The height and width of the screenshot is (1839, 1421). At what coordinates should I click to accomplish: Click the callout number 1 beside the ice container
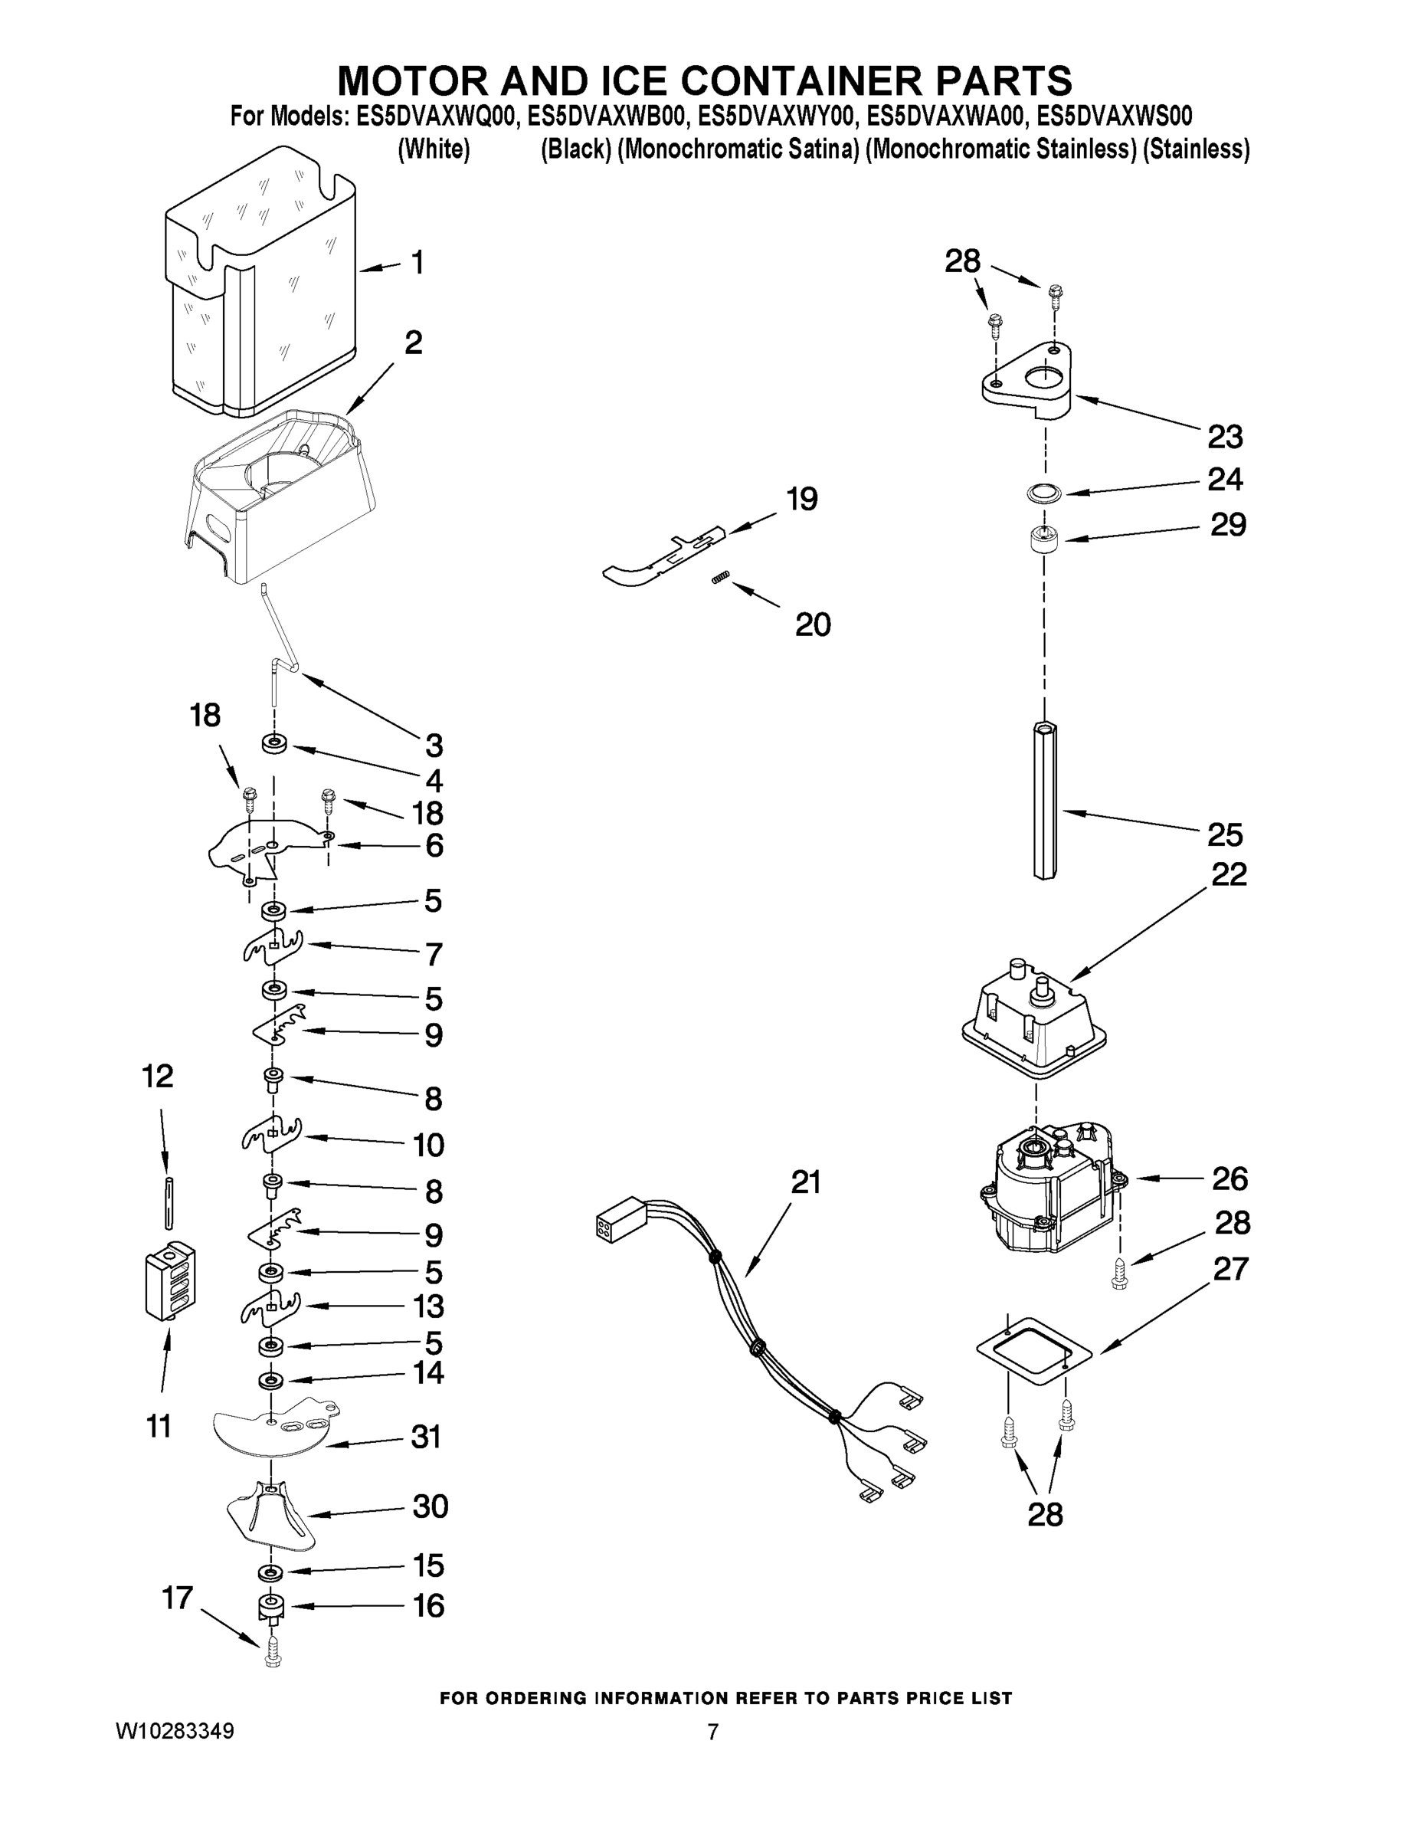click(417, 263)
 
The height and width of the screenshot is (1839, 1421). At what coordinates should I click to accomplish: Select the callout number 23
click(1225, 437)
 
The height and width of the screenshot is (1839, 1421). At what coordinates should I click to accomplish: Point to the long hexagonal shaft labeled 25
click(1044, 800)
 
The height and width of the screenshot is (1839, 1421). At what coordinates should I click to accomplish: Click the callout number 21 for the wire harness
click(806, 1182)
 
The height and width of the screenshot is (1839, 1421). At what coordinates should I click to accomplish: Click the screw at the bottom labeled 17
click(272, 1654)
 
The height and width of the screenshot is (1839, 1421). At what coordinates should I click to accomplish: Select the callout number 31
click(426, 1437)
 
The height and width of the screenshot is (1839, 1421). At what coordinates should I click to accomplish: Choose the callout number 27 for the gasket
click(1230, 1268)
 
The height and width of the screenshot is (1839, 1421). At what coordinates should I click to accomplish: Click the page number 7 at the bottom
click(712, 1732)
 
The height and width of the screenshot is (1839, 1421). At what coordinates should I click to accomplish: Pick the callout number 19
click(801, 500)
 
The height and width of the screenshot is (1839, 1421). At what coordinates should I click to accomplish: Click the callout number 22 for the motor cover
click(1228, 874)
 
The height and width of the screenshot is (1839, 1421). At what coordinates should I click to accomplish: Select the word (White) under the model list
click(434, 150)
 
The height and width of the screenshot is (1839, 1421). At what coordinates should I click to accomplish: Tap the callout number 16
click(428, 1606)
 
